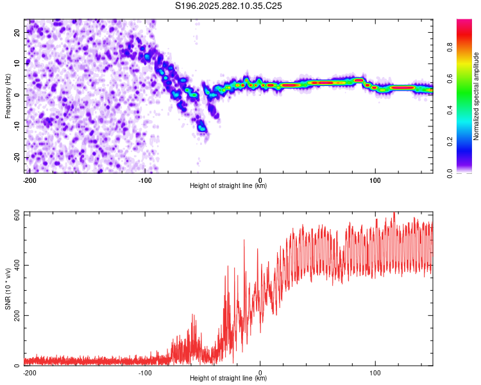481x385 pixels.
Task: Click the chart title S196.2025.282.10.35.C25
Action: point(229,6)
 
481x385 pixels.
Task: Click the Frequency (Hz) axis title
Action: point(8,95)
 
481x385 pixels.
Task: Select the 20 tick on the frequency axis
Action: point(17,31)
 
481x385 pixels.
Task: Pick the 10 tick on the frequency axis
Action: point(17,63)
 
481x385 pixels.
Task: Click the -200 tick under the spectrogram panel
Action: point(29,179)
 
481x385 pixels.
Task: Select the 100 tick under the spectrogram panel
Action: point(375,179)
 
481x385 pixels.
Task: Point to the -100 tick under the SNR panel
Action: point(145,372)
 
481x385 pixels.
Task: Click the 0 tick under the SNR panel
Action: point(260,372)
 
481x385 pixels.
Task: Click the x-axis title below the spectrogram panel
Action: point(228,186)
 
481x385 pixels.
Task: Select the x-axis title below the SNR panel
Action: point(228,379)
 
